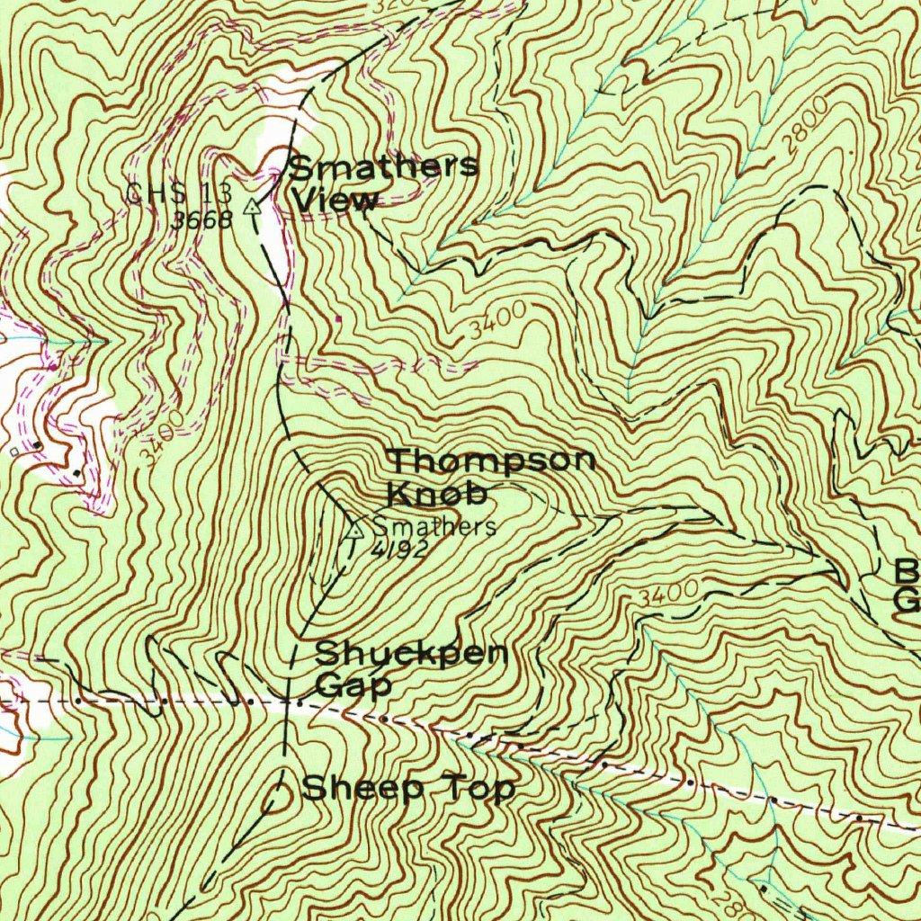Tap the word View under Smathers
click(x=335, y=201)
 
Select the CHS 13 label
click(x=179, y=192)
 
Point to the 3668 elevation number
click(x=202, y=219)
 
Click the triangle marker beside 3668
click(x=255, y=206)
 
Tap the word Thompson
click(x=492, y=461)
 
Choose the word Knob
click(x=437, y=494)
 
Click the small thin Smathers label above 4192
click(x=434, y=526)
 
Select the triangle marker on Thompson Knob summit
click(x=353, y=529)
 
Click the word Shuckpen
click(x=412, y=655)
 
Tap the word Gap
click(x=353, y=686)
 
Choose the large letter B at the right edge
click(x=907, y=570)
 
